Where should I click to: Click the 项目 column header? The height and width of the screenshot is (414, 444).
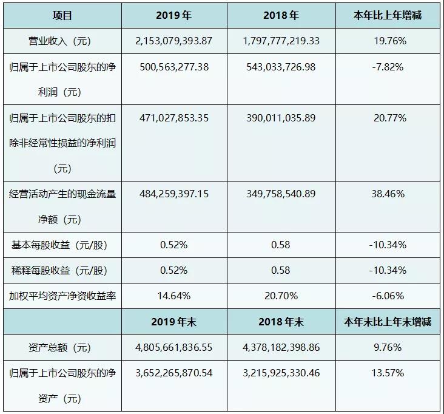point(62,16)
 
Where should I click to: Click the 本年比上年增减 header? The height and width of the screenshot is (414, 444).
point(389,16)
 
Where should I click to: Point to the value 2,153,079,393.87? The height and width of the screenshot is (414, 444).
point(174,41)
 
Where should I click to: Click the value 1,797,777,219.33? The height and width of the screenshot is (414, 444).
point(281,41)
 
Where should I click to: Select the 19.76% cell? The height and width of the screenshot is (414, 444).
point(389,41)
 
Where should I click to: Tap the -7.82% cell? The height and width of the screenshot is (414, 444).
point(389,67)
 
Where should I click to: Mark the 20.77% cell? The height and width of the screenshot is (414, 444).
point(389,118)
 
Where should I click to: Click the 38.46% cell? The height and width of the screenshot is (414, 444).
point(389,194)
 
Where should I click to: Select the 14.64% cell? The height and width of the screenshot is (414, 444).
point(174,296)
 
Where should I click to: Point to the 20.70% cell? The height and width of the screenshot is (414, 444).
point(281,296)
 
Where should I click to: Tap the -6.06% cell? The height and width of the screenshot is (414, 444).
point(389,296)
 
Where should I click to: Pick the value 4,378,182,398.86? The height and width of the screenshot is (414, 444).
point(281,348)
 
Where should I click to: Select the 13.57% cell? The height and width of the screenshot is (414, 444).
point(389,373)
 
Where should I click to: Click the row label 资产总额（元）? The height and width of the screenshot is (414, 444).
point(62,348)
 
